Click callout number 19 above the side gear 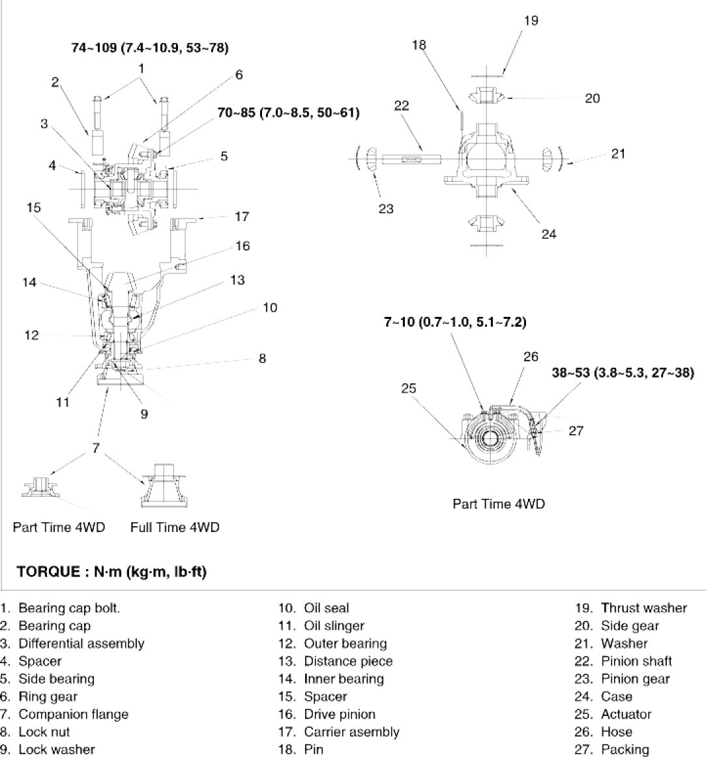pyautogui.click(x=531, y=20)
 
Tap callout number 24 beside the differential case pyautogui.click(x=549, y=233)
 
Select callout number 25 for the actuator pyautogui.click(x=409, y=389)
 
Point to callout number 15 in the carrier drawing pyautogui.click(x=34, y=207)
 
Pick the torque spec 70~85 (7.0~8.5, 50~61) pyautogui.click(x=288, y=112)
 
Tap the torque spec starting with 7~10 pyautogui.click(x=454, y=322)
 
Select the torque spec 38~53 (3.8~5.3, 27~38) pyautogui.click(x=619, y=372)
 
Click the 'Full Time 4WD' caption pyautogui.click(x=175, y=527)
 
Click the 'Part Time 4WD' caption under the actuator pyautogui.click(x=499, y=504)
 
